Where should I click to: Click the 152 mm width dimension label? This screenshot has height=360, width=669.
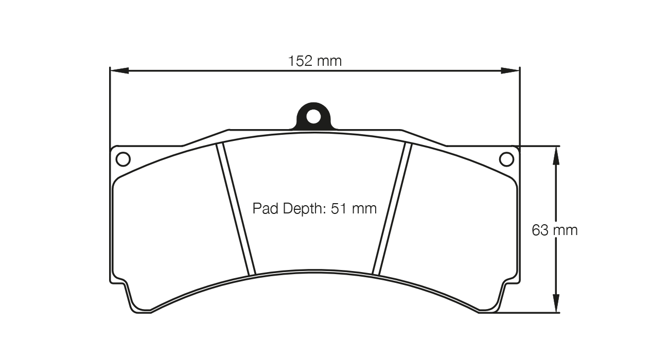tap(314, 61)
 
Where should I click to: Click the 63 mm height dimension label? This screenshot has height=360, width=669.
tap(554, 230)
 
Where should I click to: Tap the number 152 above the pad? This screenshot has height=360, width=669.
tap(300, 61)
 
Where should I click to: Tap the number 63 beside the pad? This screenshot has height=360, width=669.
tap(540, 230)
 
